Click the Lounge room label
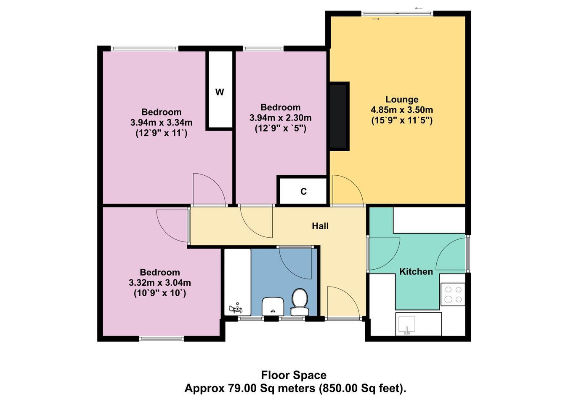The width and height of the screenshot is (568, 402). pos(402,99)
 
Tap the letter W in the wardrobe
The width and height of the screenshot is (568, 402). pos(220,92)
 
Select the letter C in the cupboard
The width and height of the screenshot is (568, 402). pos(303,191)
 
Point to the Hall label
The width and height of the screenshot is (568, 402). pos(320,226)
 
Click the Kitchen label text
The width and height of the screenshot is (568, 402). pos(416,272)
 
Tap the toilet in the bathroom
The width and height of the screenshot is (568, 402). pos(300,302)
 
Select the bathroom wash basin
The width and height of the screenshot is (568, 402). pos(273,306)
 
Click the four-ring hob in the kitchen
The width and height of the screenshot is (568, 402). pos(453,294)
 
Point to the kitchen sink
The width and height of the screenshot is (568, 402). pos(407,325)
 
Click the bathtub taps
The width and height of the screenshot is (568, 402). pos(236,308)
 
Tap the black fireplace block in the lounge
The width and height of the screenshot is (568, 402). pos(339,116)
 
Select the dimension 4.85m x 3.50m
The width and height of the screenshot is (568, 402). pos(402,110)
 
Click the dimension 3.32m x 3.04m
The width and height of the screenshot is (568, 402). pos(160,283)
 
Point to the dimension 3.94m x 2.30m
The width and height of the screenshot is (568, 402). pos(281,118)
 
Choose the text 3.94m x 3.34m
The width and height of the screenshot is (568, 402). pos(161,123)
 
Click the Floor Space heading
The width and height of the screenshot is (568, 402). pos(294,375)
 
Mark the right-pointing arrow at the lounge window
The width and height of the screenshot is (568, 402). pos(376,19)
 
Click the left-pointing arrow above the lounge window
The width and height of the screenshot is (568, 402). pos(419,8)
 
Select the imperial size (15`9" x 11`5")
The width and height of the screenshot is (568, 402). pos(402,121)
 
